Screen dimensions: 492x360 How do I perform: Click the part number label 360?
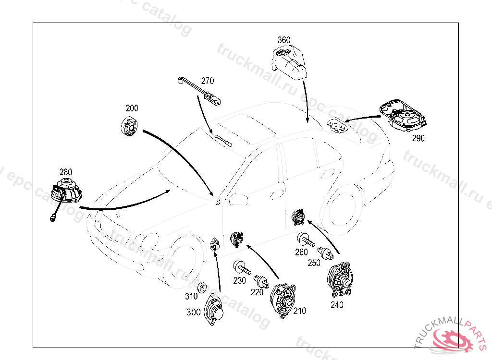pos(284,40)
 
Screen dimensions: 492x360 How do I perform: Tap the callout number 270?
pos(208,81)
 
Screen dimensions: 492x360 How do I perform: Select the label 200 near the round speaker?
pos(132,108)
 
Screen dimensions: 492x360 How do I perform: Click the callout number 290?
pos(418,138)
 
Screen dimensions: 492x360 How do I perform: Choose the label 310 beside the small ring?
pos(192,296)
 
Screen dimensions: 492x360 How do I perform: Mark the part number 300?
pos(194,312)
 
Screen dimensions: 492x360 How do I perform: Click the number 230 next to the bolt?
pos(240,281)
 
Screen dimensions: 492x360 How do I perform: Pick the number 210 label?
pos(299,311)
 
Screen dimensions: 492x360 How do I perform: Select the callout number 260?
pos(301,252)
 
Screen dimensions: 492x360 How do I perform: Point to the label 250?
pos(314,263)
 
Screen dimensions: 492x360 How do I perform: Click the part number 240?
pos(337,304)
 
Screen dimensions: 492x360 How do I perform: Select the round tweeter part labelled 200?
pos(130,126)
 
